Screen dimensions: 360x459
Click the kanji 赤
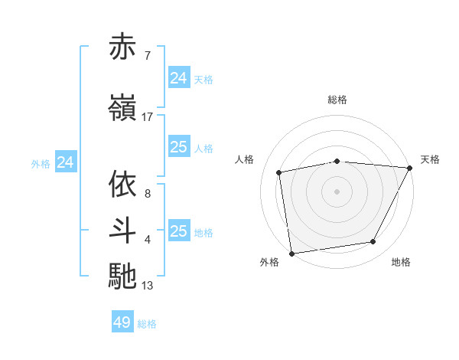coord(123,47)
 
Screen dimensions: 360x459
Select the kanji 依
coord(123,185)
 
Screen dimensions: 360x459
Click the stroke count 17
coord(148,116)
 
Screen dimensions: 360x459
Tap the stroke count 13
coord(148,286)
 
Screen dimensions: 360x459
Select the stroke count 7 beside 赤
coord(147,56)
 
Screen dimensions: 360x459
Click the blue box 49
coord(122,322)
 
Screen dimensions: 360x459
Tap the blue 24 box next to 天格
coord(178,77)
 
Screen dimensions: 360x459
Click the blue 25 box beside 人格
coord(178,147)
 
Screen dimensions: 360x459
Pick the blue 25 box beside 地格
coord(178,231)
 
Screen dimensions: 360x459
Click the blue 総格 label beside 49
coord(148,324)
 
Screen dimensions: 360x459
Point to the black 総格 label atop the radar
coord(337,100)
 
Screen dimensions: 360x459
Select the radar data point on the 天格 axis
coord(410,168)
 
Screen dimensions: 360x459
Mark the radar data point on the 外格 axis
coord(291,253)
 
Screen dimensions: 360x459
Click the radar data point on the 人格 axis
coord(279,172)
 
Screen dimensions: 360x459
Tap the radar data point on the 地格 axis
coord(373,242)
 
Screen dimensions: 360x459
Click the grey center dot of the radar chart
coord(337,191)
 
